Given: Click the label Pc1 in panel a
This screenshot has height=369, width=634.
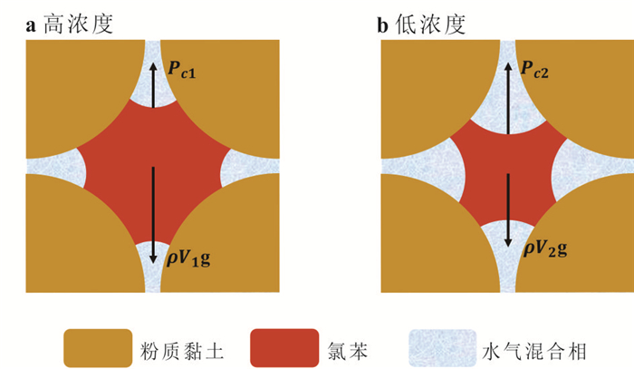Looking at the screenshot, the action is point(181,70).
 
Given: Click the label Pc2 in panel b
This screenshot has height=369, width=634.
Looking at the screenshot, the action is point(534,69).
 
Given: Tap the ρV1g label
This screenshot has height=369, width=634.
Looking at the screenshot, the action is point(188,258).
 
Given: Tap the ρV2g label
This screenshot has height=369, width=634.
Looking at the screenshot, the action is point(545,248).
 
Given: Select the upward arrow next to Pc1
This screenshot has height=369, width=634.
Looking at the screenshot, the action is point(153,85).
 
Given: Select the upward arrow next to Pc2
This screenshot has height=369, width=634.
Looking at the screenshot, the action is point(508,98).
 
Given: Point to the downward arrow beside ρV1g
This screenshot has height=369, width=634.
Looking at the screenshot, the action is point(153,215).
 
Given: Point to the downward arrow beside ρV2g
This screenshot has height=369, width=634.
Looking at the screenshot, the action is point(508,210).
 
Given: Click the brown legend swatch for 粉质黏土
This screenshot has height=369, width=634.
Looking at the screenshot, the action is point(98,348).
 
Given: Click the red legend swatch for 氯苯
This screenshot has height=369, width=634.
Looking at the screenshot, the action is point(284,348).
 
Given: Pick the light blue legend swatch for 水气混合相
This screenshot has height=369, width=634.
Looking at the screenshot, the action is point(443,348).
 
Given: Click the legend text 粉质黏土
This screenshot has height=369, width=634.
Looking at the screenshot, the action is point(181,351).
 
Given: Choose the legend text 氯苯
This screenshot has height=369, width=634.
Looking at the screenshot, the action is point(348,351).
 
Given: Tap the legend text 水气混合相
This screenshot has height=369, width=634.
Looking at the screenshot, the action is point(534,351).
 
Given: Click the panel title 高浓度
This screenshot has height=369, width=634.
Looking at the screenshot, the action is point(78,24).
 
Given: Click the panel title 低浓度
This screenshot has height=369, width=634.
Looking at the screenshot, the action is point(430,24).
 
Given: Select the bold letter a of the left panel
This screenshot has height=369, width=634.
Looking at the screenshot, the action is point(31,26).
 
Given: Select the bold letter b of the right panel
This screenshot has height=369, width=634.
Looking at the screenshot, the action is point(382,24).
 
